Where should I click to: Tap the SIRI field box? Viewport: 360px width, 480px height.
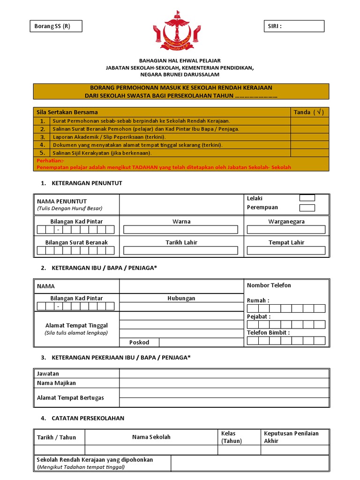click(293, 26)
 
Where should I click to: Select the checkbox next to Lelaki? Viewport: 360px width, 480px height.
click(307, 198)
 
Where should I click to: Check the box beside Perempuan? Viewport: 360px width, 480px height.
click(307, 208)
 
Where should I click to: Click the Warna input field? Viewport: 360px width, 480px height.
click(181, 230)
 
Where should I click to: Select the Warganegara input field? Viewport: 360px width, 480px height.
click(286, 230)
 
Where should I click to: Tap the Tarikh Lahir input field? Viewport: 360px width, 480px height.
click(181, 251)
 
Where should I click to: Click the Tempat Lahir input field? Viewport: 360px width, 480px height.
click(286, 251)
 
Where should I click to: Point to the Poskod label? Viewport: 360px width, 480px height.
click(139, 342)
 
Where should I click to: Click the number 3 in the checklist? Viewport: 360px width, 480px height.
click(42, 137)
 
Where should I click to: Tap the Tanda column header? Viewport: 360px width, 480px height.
click(308, 112)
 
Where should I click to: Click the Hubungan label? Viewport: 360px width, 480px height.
click(181, 298)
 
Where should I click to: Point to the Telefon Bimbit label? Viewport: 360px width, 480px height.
click(268, 332)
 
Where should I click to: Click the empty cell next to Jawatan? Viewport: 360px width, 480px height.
click(224, 373)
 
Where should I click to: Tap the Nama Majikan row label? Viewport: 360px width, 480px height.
click(56, 383)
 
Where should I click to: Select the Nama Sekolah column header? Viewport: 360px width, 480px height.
click(151, 437)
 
